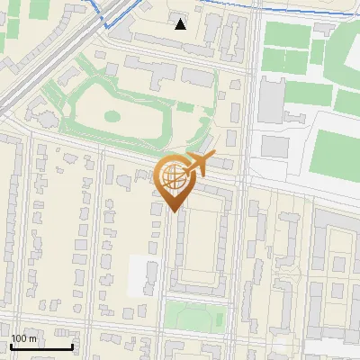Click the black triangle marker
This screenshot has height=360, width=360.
click(181, 24)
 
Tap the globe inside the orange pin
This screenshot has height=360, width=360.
click(174, 177)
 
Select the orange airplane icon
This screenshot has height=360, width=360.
click(194, 165)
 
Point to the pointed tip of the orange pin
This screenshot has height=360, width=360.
click(174, 211)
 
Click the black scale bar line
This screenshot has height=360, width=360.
click(41, 346)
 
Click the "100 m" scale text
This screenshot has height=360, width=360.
click(24, 338)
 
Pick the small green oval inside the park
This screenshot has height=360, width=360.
click(112, 116)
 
